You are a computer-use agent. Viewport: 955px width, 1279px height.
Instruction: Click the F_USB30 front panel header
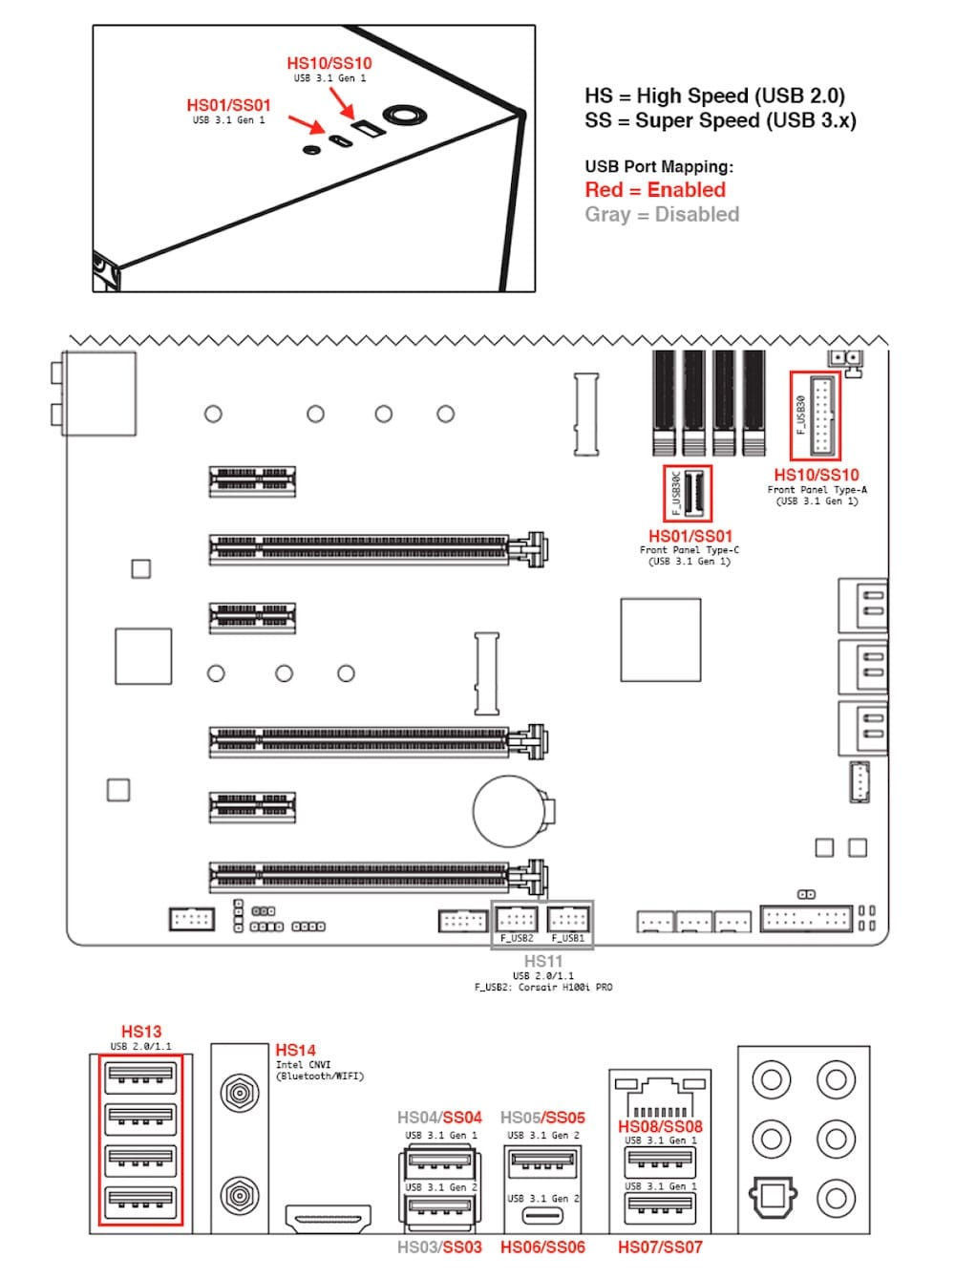816,416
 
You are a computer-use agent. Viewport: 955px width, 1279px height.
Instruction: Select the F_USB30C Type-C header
688,492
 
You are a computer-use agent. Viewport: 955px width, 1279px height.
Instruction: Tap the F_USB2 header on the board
517,921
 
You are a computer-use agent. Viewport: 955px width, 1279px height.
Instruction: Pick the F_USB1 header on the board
568,921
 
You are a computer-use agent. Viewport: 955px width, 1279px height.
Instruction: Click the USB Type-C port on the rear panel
542,1217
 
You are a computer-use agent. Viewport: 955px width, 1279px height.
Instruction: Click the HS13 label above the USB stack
141,1032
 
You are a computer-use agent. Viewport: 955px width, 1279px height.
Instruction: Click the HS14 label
295,1050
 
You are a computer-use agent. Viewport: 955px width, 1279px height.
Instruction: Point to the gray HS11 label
542,961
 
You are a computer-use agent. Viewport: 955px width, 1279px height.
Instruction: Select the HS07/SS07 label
660,1247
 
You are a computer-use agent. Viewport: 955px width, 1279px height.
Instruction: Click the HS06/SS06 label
542,1247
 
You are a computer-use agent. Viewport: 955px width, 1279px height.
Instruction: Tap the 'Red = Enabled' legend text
655,190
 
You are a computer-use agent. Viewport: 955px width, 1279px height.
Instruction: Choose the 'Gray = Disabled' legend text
662,215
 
